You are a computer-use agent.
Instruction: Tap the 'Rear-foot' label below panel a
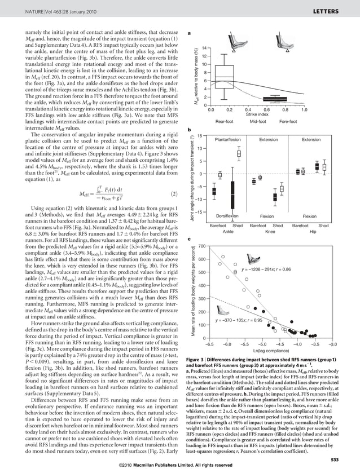click(225, 122)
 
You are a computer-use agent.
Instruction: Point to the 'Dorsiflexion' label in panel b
click(228, 216)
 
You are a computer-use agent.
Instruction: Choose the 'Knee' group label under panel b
click(270, 231)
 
